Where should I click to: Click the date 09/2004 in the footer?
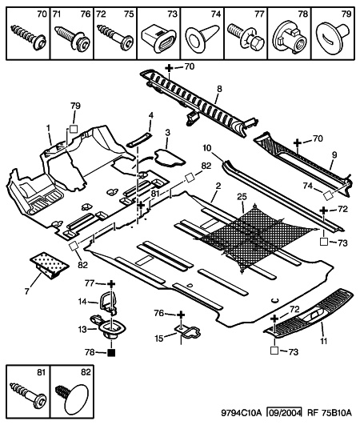(284, 412)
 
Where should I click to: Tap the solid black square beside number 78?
(111, 353)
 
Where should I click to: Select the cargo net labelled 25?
(255, 236)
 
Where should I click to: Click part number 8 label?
(219, 89)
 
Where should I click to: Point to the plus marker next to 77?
(111, 284)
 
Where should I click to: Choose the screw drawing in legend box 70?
(28, 38)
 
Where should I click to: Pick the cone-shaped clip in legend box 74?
(202, 37)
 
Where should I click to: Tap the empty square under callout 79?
(74, 129)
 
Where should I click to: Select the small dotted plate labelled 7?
(49, 265)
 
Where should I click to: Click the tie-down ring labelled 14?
(109, 302)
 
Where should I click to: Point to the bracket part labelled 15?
(188, 331)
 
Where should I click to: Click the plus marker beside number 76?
(181, 315)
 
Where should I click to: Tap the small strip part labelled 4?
(139, 139)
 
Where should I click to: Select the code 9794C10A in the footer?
(242, 413)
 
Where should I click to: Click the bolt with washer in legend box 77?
(246, 38)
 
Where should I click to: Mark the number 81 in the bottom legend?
(41, 373)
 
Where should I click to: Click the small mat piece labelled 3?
(170, 158)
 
